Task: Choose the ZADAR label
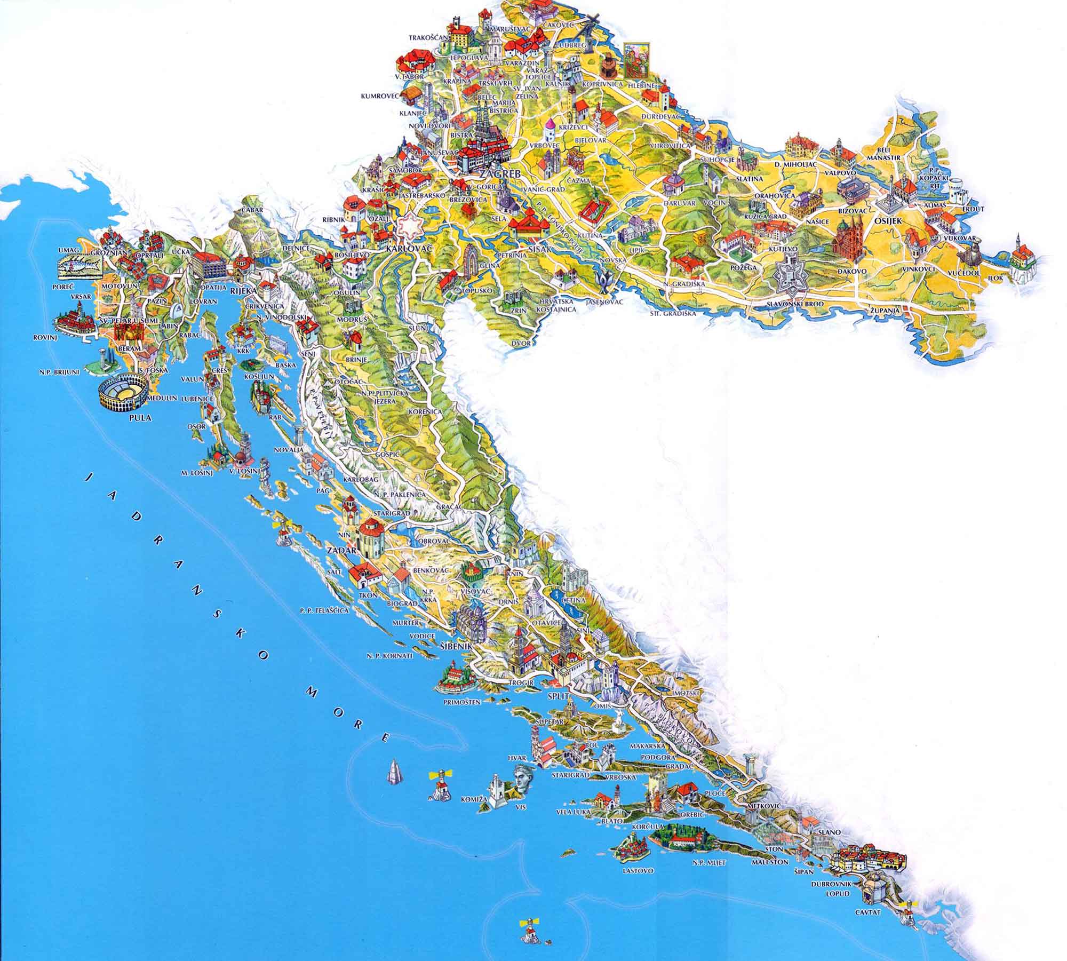point(344,548)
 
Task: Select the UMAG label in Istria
point(68,250)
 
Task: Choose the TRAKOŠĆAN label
point(425,38)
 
